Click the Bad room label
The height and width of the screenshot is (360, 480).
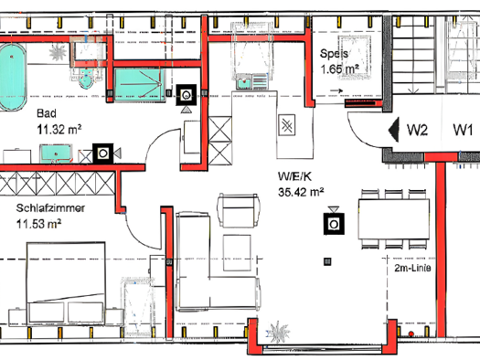(x=47, y=113)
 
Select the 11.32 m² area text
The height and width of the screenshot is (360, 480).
(x=59, y=130)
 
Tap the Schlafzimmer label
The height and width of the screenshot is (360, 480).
(x=50, y=208)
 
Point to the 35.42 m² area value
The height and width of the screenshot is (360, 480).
(x=301, y=192)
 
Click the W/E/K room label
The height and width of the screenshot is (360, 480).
(x=294, y=176)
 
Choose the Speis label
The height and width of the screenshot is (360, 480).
(x=334, y=54)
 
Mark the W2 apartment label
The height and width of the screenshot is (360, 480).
(x=417, y=130)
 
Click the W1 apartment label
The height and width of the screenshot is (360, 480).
(x=463, y=130)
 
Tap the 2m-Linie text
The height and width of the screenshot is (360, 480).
(x=412, y=268)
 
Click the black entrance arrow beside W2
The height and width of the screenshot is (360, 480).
(x=394, y=130)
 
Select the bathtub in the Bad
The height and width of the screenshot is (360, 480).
(x=12, y=77)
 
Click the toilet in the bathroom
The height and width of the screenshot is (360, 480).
(x=86, y=79)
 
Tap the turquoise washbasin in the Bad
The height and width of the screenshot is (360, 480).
(x=56, y=153)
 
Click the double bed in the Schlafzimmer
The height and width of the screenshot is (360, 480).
(x=66, y=283)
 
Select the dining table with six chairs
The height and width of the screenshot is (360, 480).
(x=394, y=218)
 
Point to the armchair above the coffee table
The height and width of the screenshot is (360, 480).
(x=238, y=210)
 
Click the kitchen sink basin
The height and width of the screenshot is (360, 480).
(x=244, y=82)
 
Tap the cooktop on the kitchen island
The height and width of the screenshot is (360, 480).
(x=287, y=125)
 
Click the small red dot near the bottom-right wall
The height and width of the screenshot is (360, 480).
(x=411, y=334)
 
